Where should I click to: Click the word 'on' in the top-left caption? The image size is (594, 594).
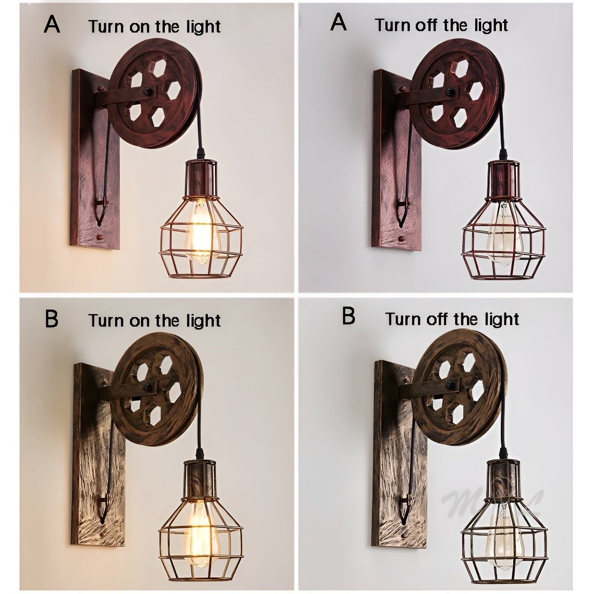pos(141,27)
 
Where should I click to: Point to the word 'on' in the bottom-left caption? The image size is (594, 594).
pos(141,321)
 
